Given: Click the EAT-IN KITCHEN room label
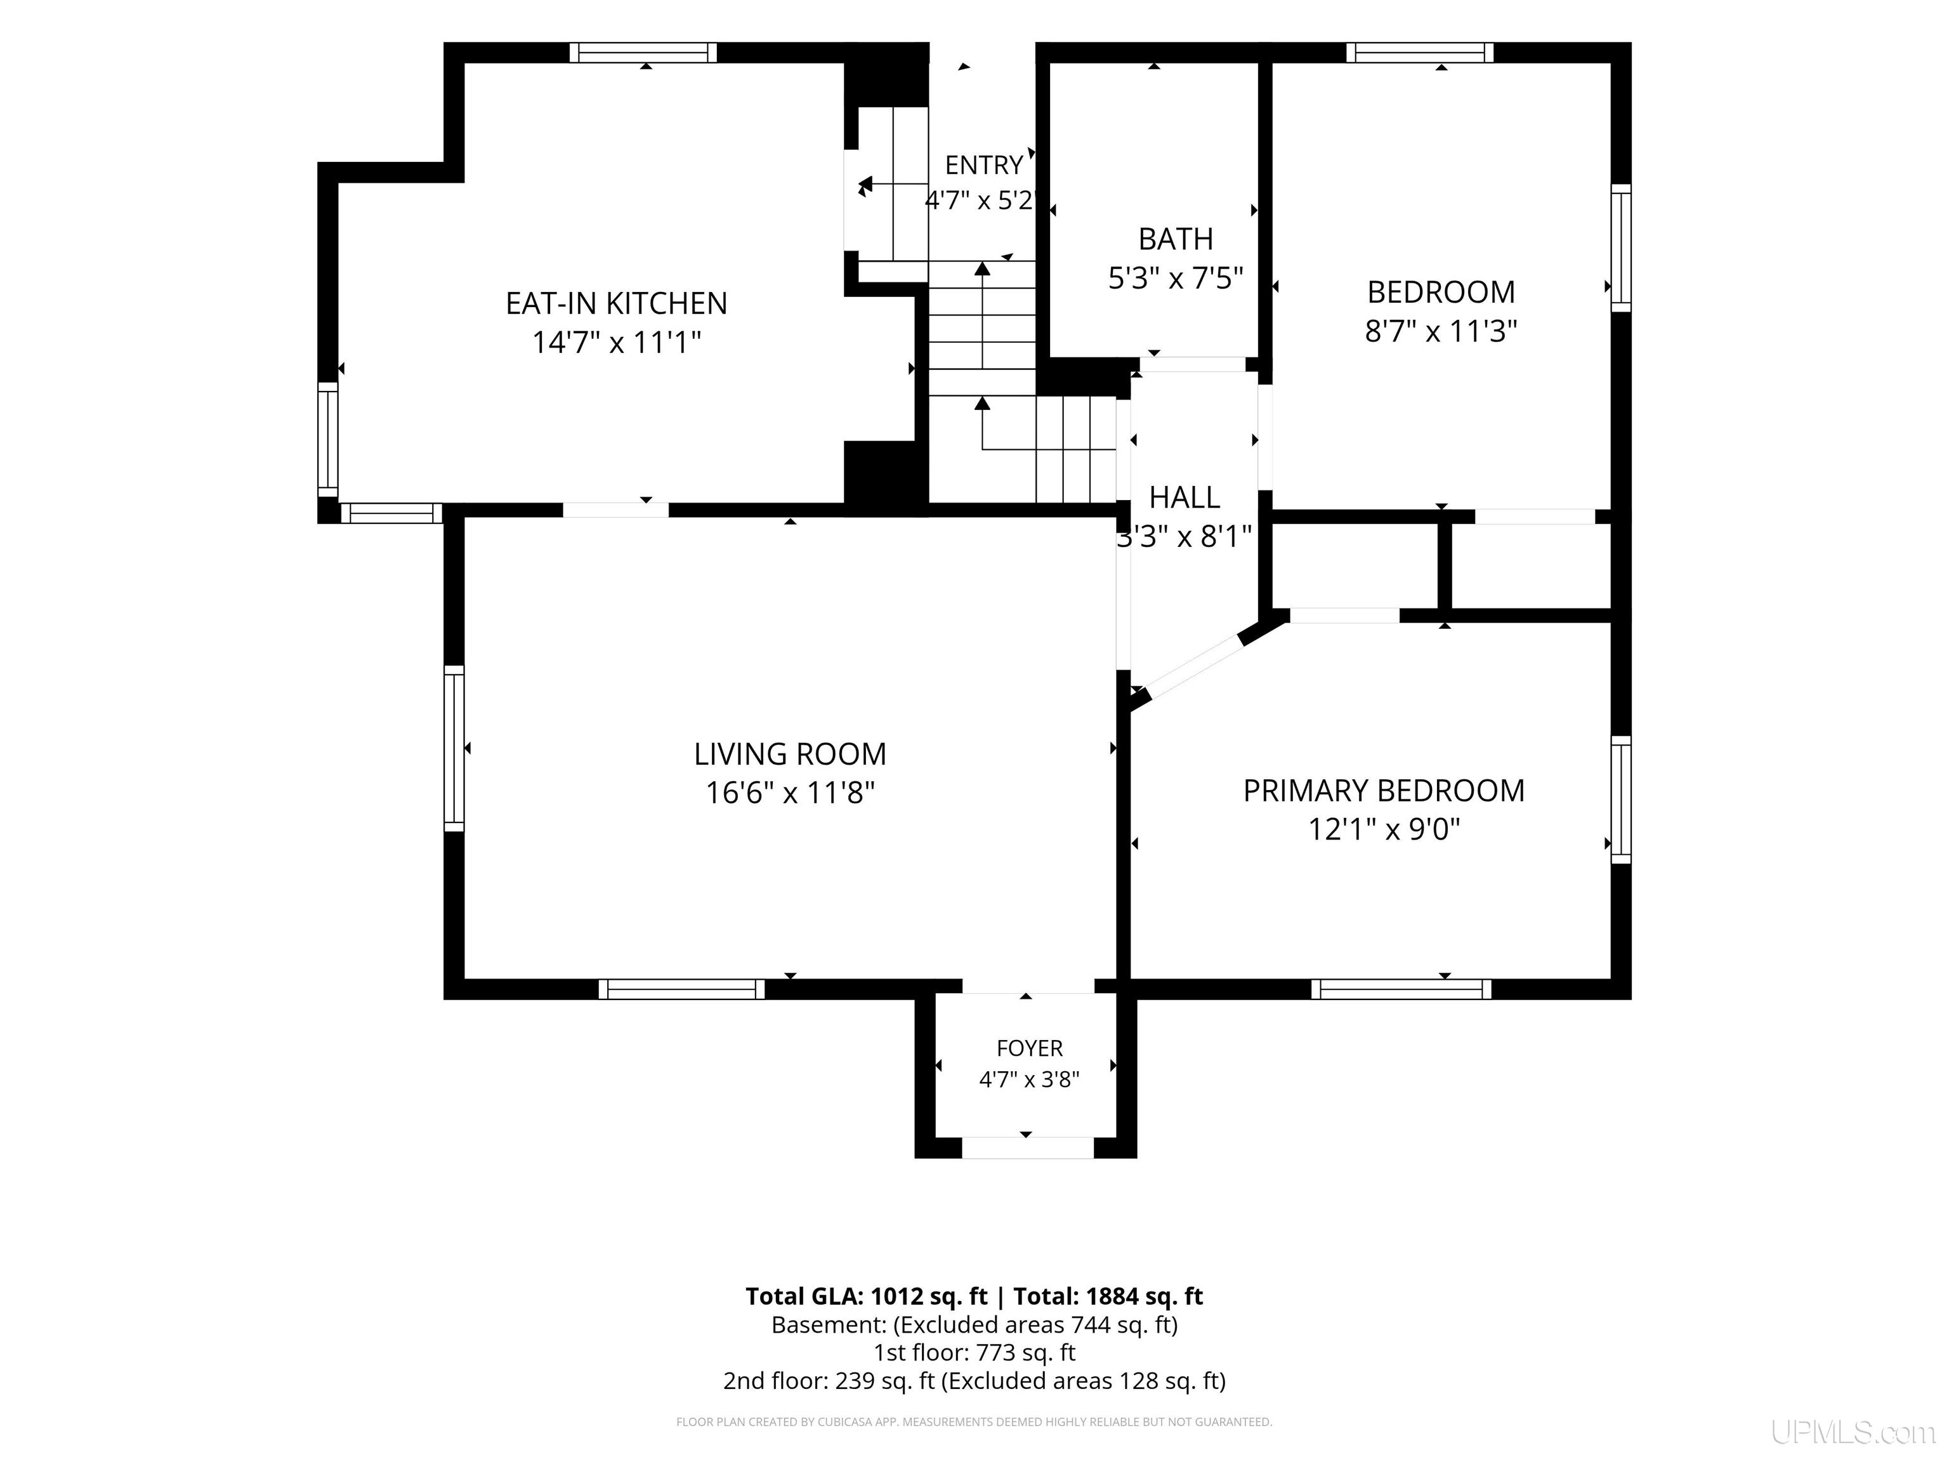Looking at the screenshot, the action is pyautogui.click(x=616, y=303).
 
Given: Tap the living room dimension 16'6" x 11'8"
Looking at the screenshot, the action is pyautogui.click(x=791, y=793).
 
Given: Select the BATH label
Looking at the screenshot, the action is pyautogui.click(x=1176, y=239).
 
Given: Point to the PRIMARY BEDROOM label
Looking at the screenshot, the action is pyautogui.click(x=1383, y=791).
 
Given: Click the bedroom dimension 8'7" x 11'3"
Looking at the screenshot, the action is pyautogui.click(x=1441, y=331).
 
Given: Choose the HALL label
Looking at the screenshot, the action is pyautogui.click(x=1184, y=498).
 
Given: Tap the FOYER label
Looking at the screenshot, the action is pyautogui.click(x=1029, y=1048).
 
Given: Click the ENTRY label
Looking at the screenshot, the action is pyautogui.click(x=983, y=165).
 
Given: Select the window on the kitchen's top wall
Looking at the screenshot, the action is pyautogui.click(x=643, y=53).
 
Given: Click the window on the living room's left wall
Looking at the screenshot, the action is pyautogui.click(x=454, y=748).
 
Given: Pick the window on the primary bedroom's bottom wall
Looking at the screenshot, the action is pyautogui.click(x=1401, y=989).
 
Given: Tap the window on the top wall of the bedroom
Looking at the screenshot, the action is pyautogui.click(x=1419, y=53).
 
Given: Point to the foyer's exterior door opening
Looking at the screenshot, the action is pyautogui.click(x=1027, y=1147).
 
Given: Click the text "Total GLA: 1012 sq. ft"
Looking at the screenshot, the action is pyautogui.click(x=869, y=1296).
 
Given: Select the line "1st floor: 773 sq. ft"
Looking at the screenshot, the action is pyautogui.click(x=974, y=1353).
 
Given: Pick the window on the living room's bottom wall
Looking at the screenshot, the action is pyautogui.click(x=681, y=989).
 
